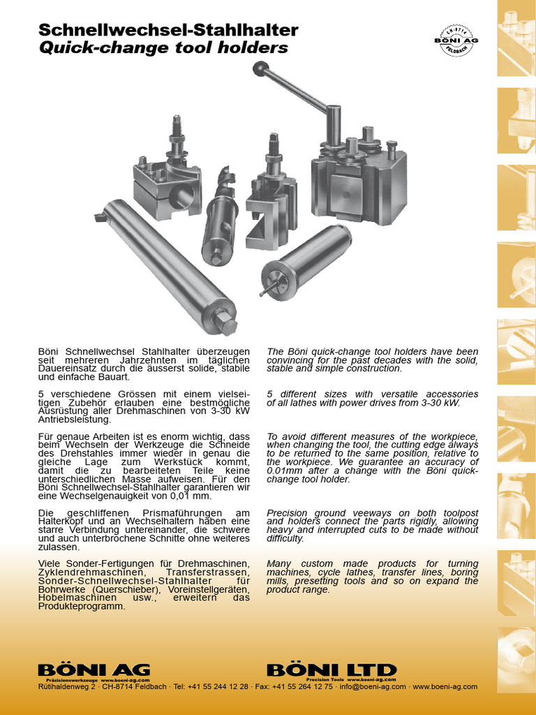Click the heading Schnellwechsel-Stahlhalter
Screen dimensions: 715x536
(168, 30)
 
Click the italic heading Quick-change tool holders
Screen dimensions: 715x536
(163, 48)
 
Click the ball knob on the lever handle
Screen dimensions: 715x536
(261, 68)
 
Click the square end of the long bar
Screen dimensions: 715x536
(228, 323)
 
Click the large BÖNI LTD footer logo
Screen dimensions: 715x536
(332, 670)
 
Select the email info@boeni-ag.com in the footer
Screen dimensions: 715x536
(372, 686)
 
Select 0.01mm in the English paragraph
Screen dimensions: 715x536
(283, 471)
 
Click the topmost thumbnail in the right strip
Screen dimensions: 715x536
(516, 38)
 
